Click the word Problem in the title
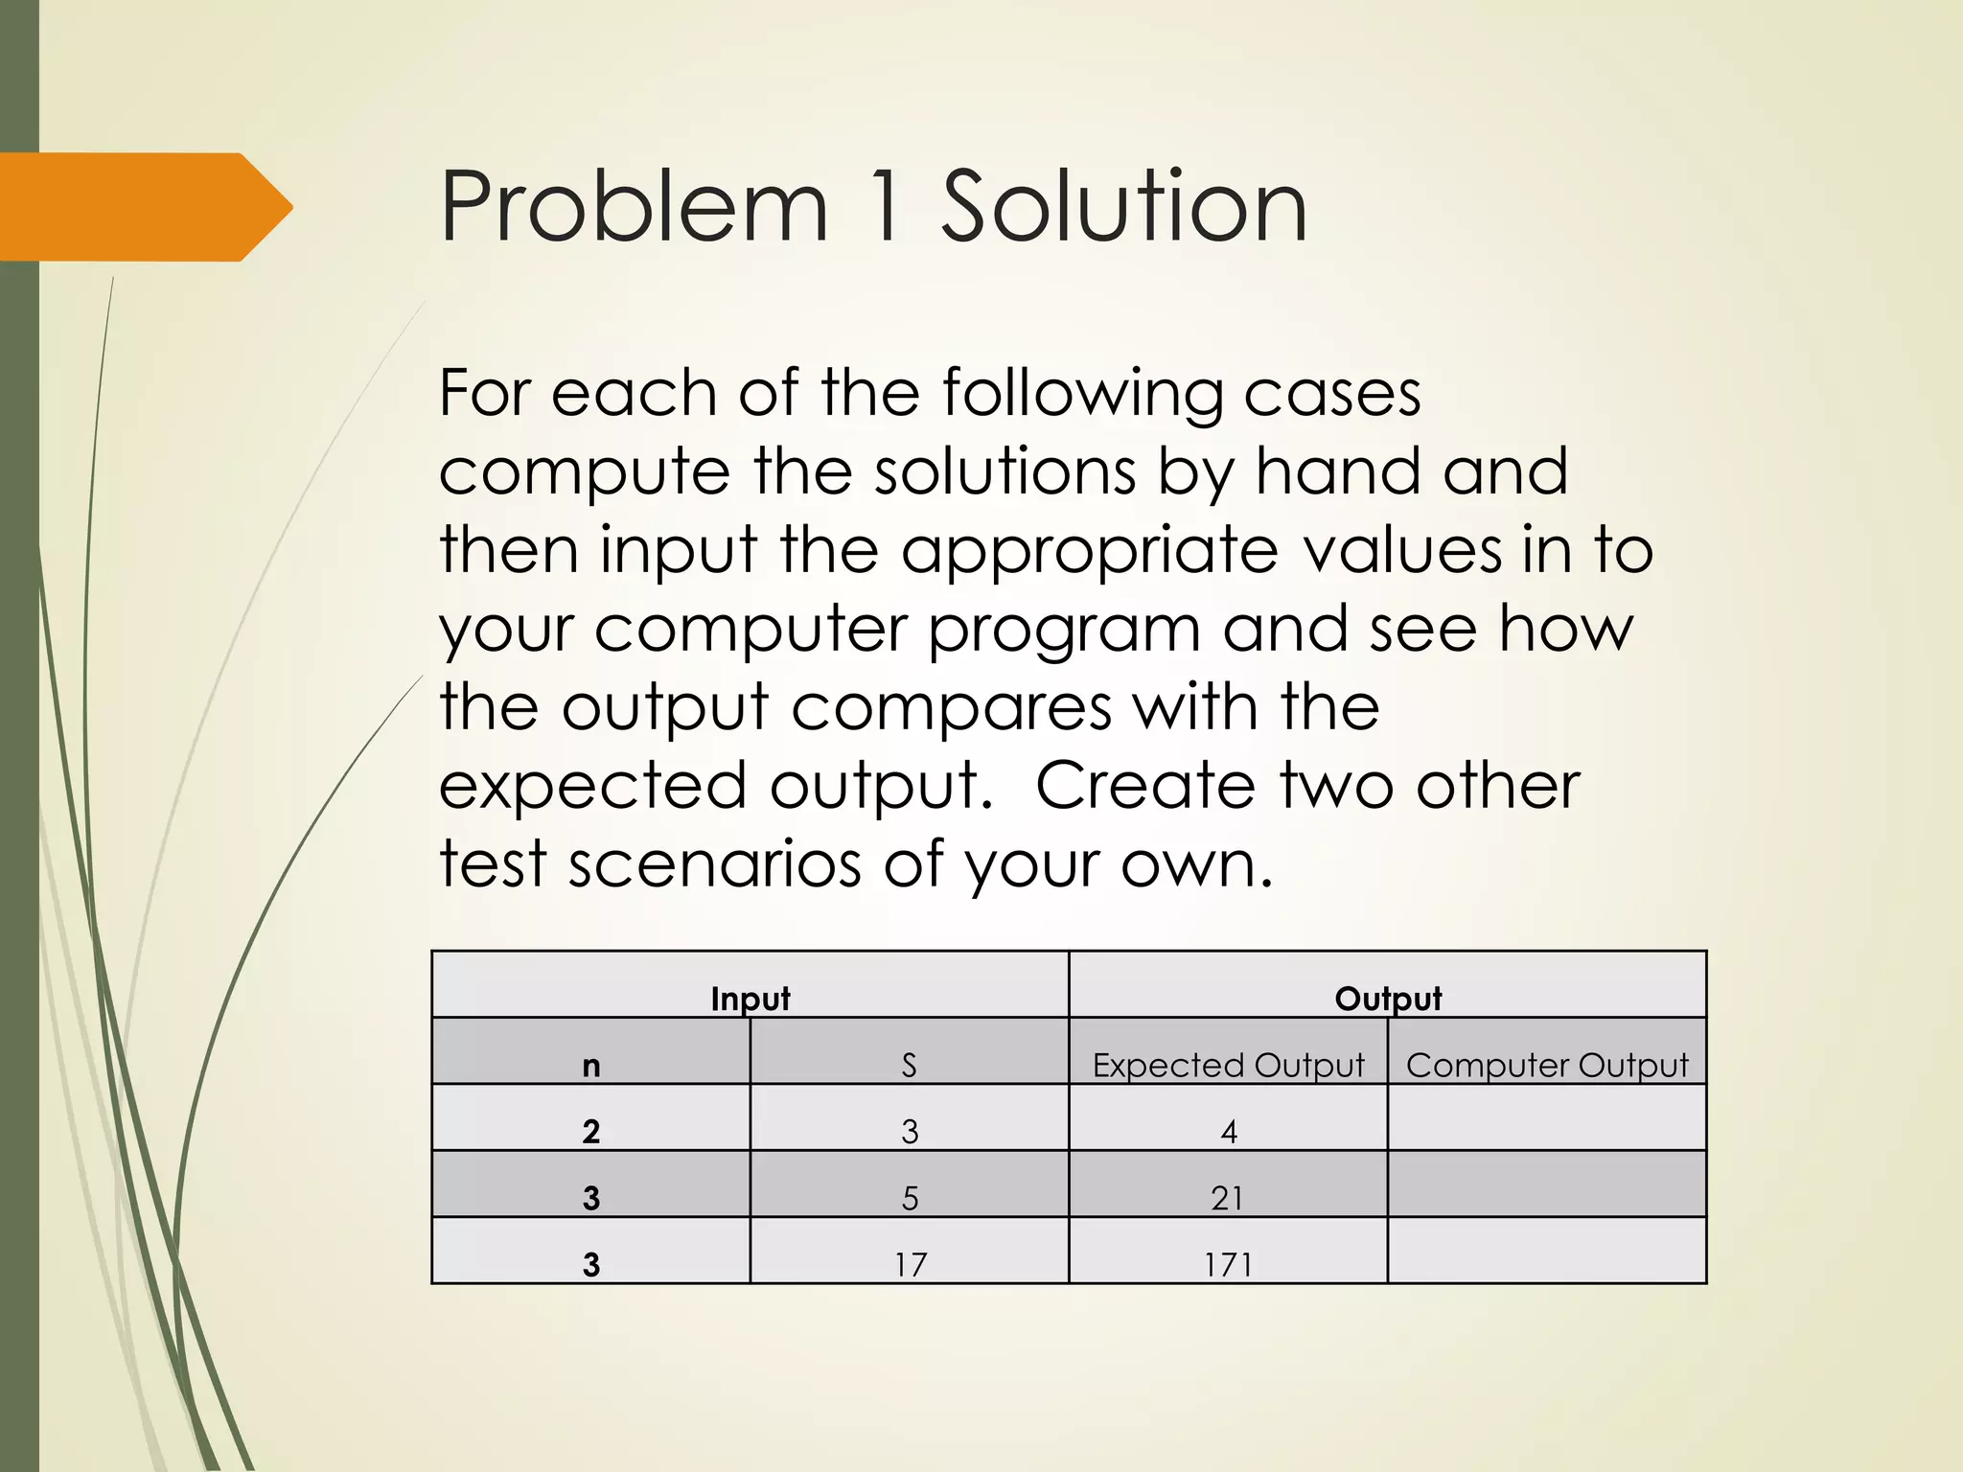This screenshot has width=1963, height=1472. tap(634, 207)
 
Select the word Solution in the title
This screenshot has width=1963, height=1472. tap(1123, 207)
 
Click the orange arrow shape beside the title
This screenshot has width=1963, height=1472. tap(144, 207)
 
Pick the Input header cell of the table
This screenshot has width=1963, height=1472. tap(751, 998)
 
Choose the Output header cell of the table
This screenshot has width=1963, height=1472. tap(1388, 998)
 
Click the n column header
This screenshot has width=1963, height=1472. tap(591, 1065)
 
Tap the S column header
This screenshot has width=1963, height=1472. tap(910, 1065)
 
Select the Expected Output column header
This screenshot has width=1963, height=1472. tap(1228, 1065)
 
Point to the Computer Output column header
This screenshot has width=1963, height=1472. tap(1547, 1065)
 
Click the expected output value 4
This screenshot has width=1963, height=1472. tap(1229, 1132)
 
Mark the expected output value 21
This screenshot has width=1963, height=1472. tap(1228, 1198)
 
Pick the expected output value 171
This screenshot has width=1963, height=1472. tap(1228, 1264)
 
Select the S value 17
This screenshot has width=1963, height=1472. tap(911, 1264)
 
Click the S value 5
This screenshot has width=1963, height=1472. tap(910, 1198)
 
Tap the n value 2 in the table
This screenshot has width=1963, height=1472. tap(591, 1132)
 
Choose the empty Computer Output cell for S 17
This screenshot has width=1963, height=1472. tap(1547, 1251)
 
